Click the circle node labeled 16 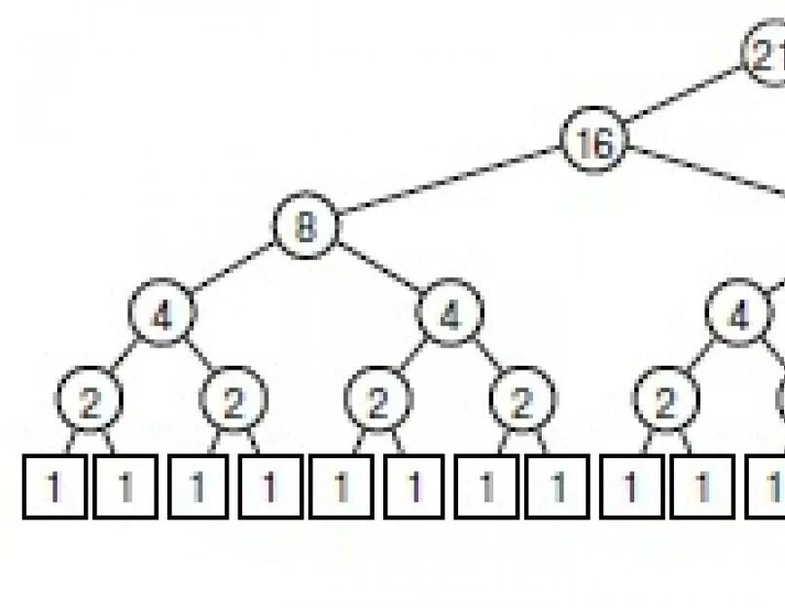tap(595, 143)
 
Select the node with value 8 tap(305, 228)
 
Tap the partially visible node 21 tap(767, 55)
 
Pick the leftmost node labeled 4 tap(162, 315)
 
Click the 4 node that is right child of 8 tap(449, 315)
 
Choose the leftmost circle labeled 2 tap(89, 402)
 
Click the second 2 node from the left tap(233, 402)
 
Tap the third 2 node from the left tap(377, 402)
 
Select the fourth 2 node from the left tap(522, 402)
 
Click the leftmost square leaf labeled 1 tap(54, 486)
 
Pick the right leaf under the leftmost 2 tap(125, 486)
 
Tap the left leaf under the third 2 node tap(341, 486)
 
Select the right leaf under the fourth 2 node tap(558, 486)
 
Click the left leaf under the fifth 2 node tap(629, 486)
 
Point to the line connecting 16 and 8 tap(450, 185)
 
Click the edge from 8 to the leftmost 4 tap(233, 271)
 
